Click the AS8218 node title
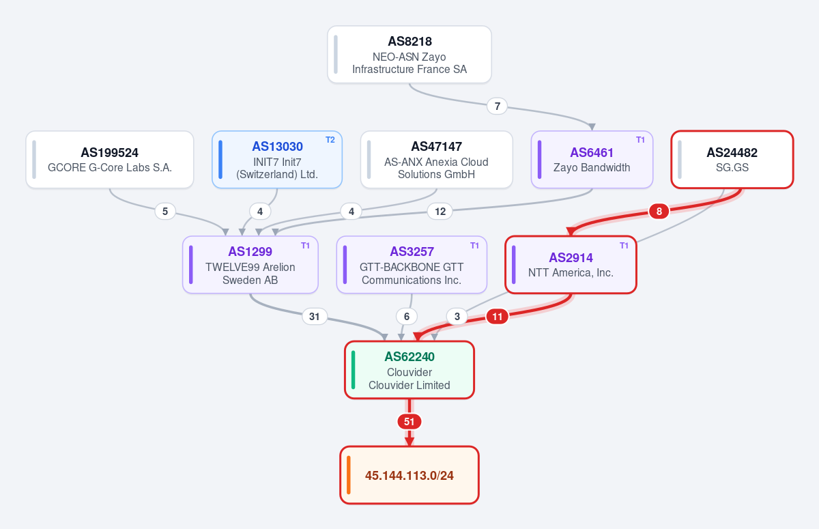(409, 42)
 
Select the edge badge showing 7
(497, 106)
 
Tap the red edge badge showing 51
(409, 422)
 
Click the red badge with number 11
(497, 316)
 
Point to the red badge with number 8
(659, 212)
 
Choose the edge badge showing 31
(315, 316)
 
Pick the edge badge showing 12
(440, 212)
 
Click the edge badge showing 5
(165, 212)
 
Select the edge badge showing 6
(407, 316)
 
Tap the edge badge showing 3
(457, 316)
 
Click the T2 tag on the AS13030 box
(330, 140)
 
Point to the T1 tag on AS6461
(640, 140)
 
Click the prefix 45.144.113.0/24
(409, 475)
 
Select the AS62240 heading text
(409, 356)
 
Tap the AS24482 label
(732, 152)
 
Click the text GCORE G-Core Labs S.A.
(110, 167)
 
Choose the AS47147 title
(437, 146)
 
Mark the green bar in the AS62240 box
(354, 369)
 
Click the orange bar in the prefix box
(349, 475)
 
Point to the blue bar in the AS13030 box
(220, 160)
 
